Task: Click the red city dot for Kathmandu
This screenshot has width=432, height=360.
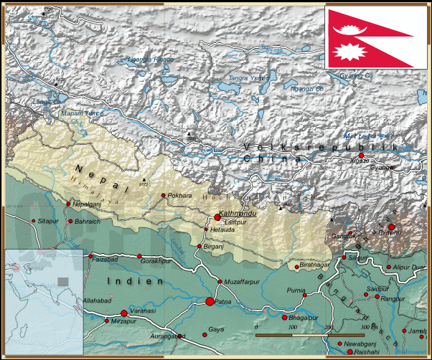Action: pos(217,217)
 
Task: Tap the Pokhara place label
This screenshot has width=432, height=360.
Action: pos(180,195)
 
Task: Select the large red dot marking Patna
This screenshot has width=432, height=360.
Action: pos(210,302)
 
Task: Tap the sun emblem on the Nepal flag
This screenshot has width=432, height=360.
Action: pos(354,52)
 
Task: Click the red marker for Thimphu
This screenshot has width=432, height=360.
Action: pos(391,227)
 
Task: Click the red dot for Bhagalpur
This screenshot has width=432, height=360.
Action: pos(284,317)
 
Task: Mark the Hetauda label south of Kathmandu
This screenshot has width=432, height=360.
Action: pos(220,229)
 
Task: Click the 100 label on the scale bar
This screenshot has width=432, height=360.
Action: pos(292,327)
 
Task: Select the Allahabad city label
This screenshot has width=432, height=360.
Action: pos(98,300)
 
